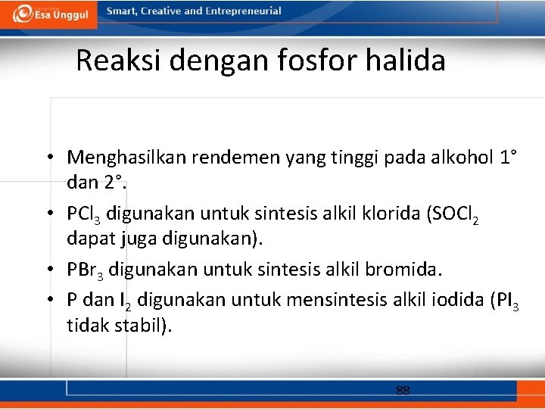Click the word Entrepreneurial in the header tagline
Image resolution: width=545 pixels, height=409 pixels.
(243, 11)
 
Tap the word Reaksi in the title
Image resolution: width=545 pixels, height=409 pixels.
(120, 61)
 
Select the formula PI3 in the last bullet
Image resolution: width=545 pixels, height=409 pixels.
(504, 301)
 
